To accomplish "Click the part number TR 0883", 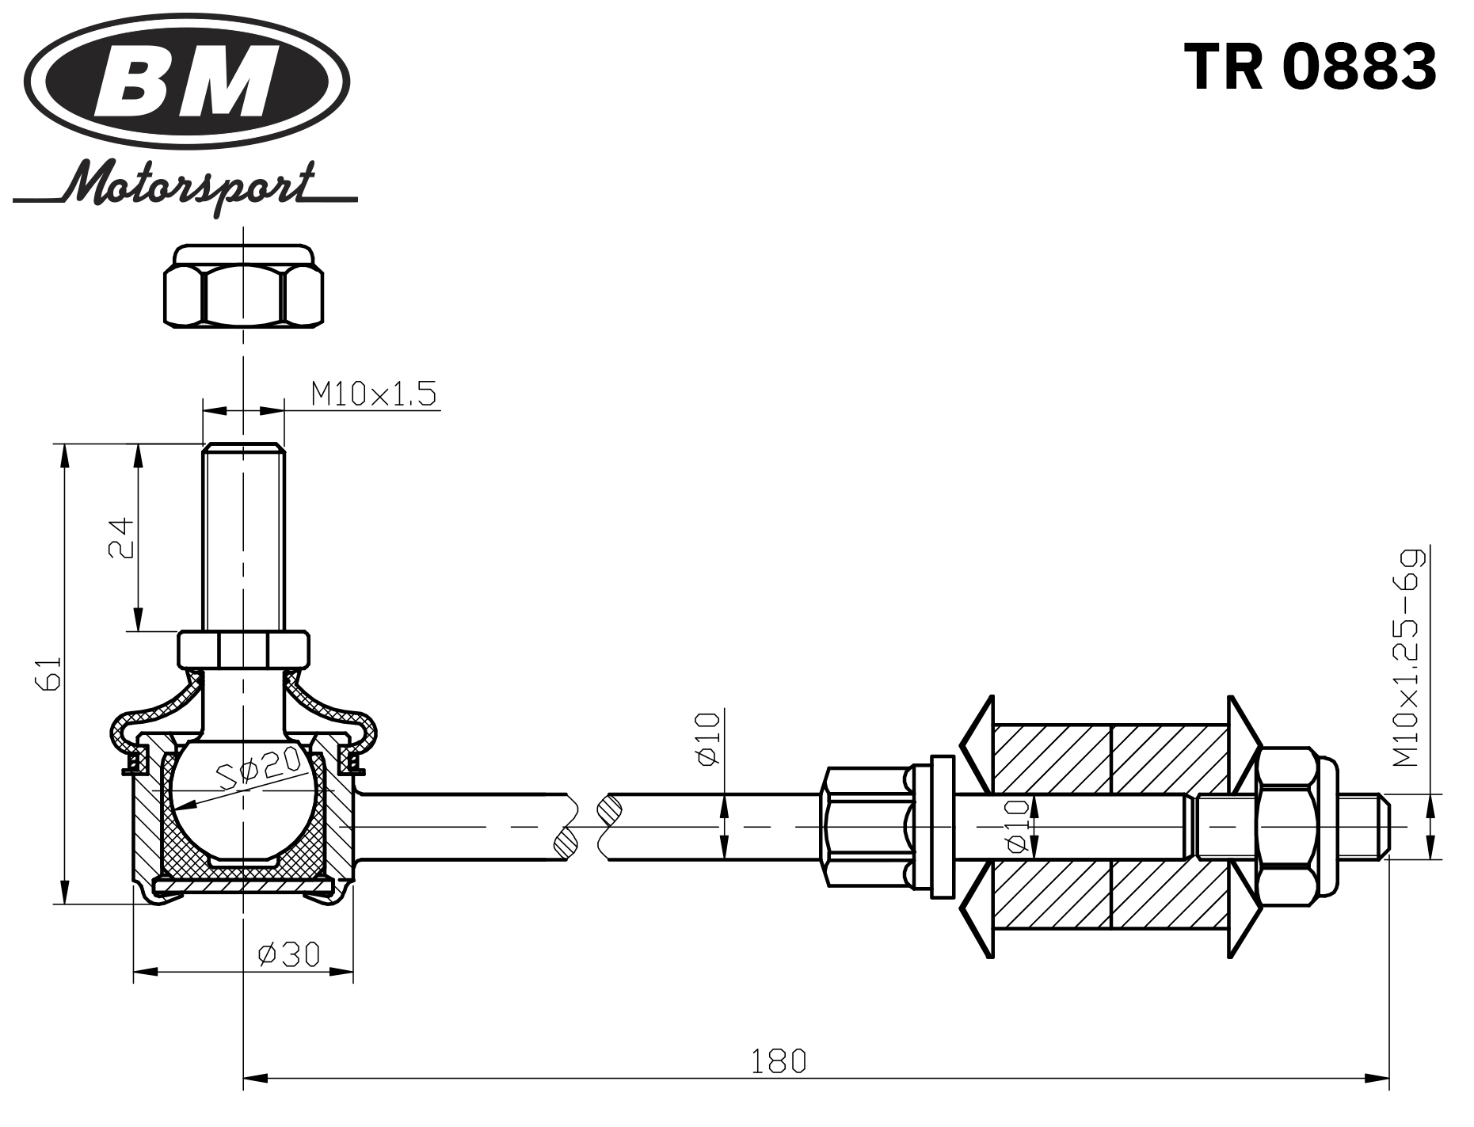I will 1309,67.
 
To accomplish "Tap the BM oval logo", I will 186,81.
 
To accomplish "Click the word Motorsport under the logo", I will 190,187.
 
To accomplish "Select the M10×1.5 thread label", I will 373,394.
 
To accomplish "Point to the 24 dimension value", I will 121,538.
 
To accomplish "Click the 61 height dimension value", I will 48,673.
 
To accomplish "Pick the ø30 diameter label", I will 288,954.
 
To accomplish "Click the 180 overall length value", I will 778,1060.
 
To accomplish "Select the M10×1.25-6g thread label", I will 1407,657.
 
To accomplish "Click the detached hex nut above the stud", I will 243,287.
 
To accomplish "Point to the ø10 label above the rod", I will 708,739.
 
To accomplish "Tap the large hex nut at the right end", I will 1288,826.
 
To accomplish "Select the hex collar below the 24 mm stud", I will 243,649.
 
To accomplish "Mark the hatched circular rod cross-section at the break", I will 610,809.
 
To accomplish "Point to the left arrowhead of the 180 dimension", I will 253,1078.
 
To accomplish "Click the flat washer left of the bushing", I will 942,826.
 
